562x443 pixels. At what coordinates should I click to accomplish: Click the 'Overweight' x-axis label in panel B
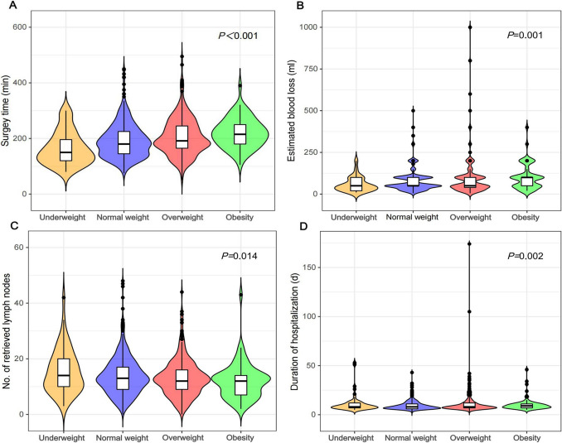(x=470, y=217)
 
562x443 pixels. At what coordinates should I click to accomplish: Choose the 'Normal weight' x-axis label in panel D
(x=412, y=438)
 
